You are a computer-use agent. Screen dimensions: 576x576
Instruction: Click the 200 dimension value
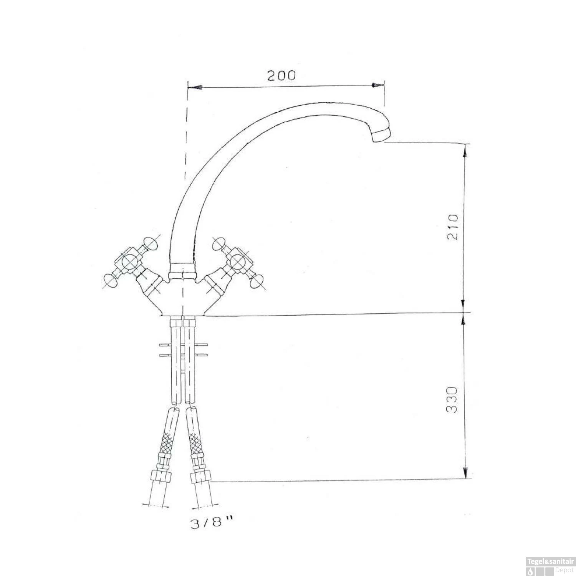tap(281, 76)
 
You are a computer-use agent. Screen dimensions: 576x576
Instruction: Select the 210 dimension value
tap(453, 227)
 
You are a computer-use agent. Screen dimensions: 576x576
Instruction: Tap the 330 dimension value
tap(453, 400)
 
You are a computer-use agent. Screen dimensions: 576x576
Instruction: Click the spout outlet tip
tap(381, 135)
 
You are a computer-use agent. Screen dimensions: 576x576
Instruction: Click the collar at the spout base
tap(182, 270)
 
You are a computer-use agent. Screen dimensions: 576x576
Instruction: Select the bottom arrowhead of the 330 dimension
tap(465, 473)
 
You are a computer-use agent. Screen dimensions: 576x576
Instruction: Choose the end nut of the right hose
tap(201, 476)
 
